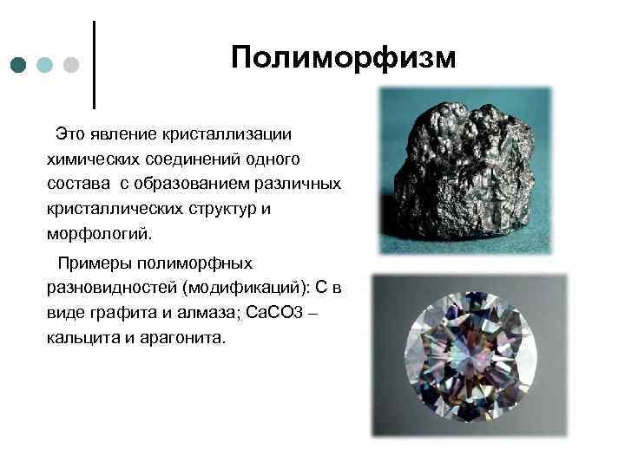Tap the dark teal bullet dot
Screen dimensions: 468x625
[x=19, y=65]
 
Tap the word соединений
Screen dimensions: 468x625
[x=185, y=159]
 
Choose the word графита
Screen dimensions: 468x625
[x=123, y=312]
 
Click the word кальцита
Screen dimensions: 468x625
[x=79, y=337]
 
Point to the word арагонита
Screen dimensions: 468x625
[x=182, y=337]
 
